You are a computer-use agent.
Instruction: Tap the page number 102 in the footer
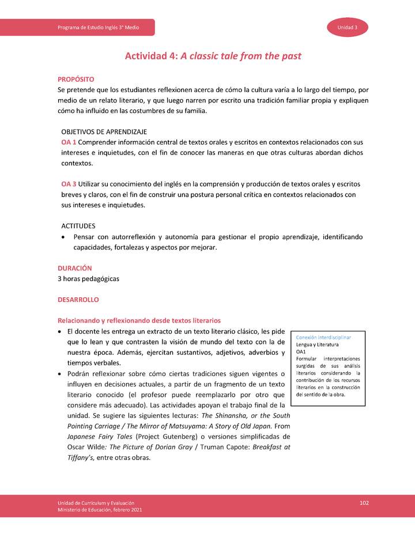coord(364,503)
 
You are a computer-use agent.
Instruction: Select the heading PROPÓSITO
coord(76,79)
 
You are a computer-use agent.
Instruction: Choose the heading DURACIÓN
coord(75,268)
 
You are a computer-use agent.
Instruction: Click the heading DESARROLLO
coord(78,300)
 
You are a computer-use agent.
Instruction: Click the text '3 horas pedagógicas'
coord(88,279)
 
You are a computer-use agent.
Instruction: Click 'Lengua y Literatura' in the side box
coord(317,344)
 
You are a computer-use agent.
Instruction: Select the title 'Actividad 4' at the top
coord(152,56)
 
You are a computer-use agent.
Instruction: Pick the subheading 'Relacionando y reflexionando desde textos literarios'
coord(139,320)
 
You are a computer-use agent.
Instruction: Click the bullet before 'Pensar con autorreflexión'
coord(63,237)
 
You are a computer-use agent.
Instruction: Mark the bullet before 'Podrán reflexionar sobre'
coord(61,374)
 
